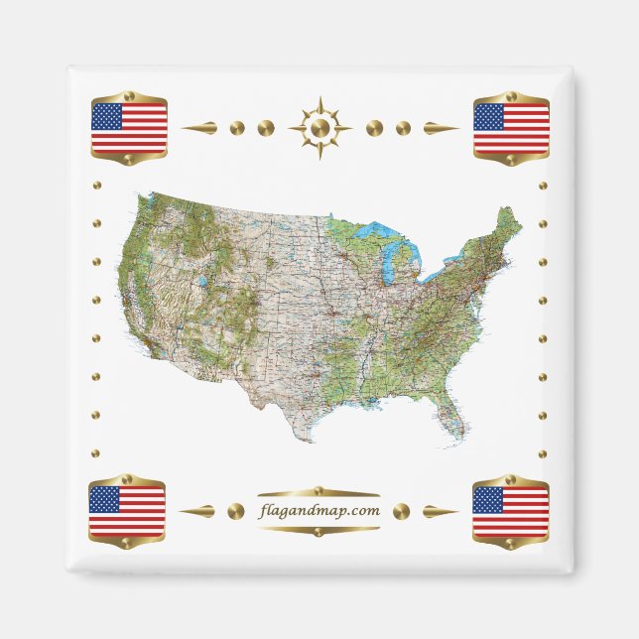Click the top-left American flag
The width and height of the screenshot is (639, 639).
(129, 129)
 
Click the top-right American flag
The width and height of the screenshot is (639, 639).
(511, 129)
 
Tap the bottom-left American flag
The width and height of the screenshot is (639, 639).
(127, 510)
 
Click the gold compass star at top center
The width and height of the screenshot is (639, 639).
(319, 128)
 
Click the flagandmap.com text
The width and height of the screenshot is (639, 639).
(319, 511)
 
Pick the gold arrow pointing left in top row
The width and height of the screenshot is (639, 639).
(198, 128)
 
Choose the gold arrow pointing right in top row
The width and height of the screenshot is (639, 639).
(441, 128)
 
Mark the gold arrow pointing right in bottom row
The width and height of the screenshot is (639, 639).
(441, 511)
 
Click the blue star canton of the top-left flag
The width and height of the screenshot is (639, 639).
(106, 117)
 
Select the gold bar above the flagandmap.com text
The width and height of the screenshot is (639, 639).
(319, 492)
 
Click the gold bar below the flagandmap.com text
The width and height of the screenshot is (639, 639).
(319, 530)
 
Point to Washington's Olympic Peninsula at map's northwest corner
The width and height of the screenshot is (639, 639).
(146, 203)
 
